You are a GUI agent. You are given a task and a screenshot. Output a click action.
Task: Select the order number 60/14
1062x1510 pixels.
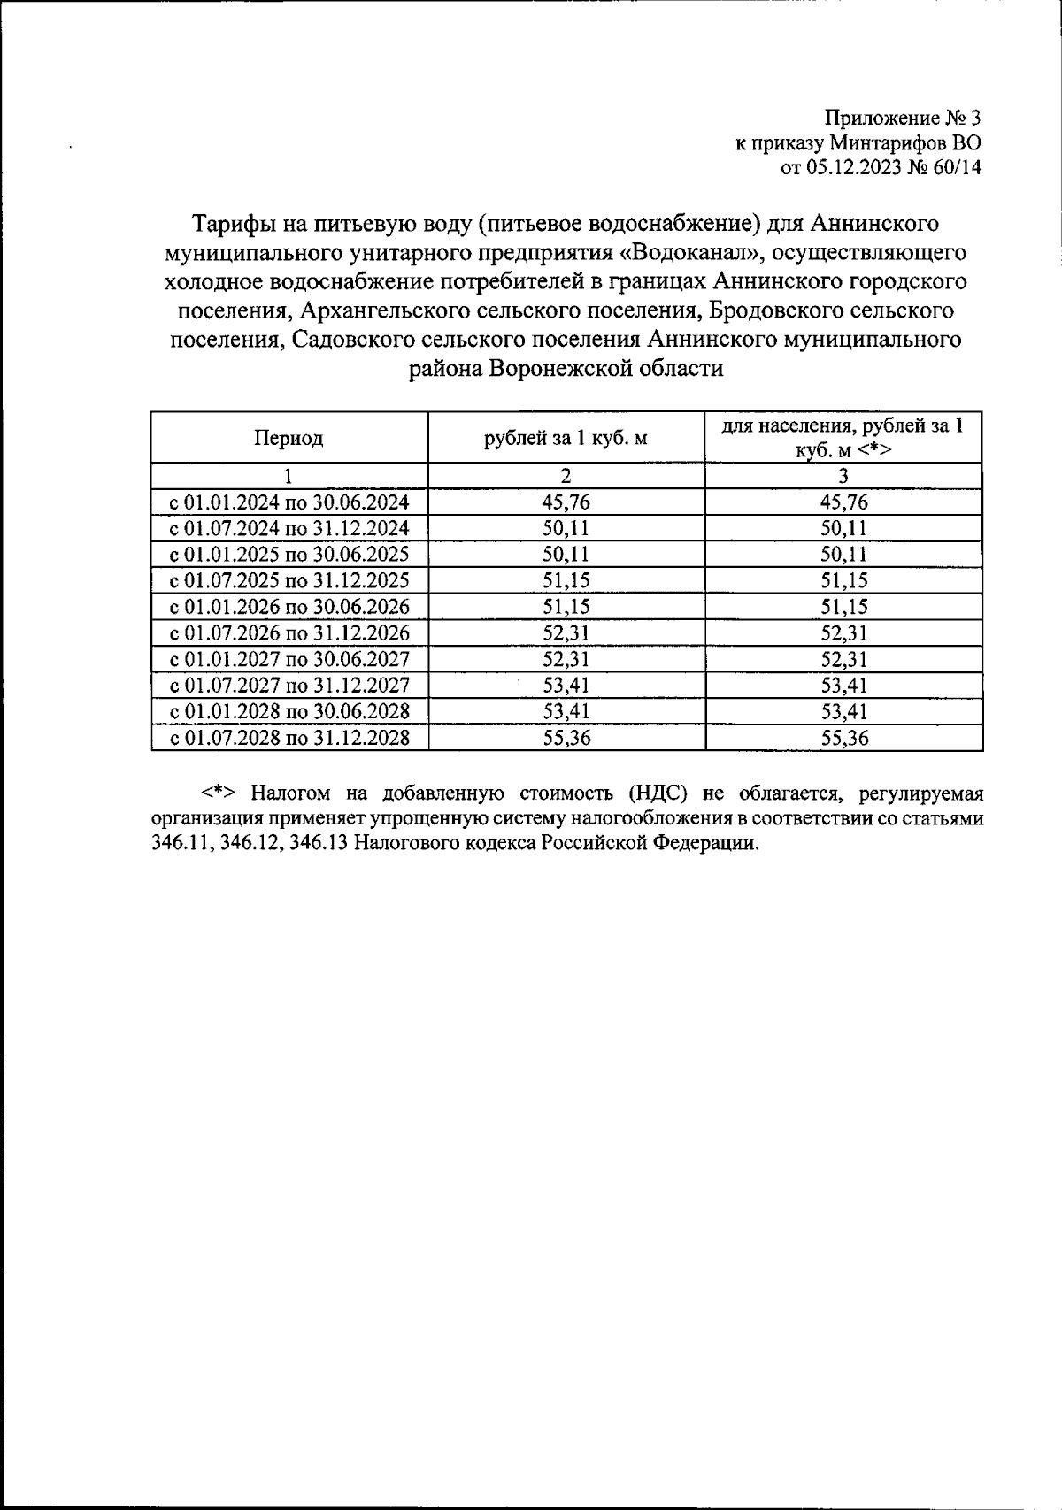click(x=954, y=167)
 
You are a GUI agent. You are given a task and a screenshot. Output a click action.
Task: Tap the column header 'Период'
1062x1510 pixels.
click(x=289, y=437)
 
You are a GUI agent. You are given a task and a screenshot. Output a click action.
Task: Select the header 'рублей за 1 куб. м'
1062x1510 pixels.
click(x=566, y=437)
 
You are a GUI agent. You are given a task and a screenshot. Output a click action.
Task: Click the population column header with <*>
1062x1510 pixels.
click(x=843, y=437)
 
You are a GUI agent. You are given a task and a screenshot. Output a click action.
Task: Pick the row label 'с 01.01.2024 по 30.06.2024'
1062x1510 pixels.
click(x=289, y=502)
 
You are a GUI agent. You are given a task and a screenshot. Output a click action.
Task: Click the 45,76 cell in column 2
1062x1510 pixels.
click(x=566, y=502)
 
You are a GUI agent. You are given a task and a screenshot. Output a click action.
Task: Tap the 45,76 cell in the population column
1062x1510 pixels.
click(x=843, y=502)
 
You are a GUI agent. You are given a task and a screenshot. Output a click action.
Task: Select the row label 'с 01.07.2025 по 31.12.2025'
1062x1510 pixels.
click(x=289, y=580)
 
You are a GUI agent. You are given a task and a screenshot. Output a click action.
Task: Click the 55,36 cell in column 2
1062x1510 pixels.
click(x=566, y=737)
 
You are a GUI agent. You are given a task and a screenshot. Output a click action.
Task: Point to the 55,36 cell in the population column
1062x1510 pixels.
click(x=843, y=737)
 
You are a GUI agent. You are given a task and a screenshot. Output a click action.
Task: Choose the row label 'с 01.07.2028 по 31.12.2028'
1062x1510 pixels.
click(x=289, y=737)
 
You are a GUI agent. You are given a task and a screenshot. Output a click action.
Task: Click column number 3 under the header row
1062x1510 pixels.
click(x=843, y=476)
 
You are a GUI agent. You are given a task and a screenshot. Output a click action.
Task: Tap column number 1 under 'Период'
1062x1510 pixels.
click(x=289, y=476)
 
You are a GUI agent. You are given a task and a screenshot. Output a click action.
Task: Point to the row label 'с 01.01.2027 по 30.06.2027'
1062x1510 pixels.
click(x=289, y=659)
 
